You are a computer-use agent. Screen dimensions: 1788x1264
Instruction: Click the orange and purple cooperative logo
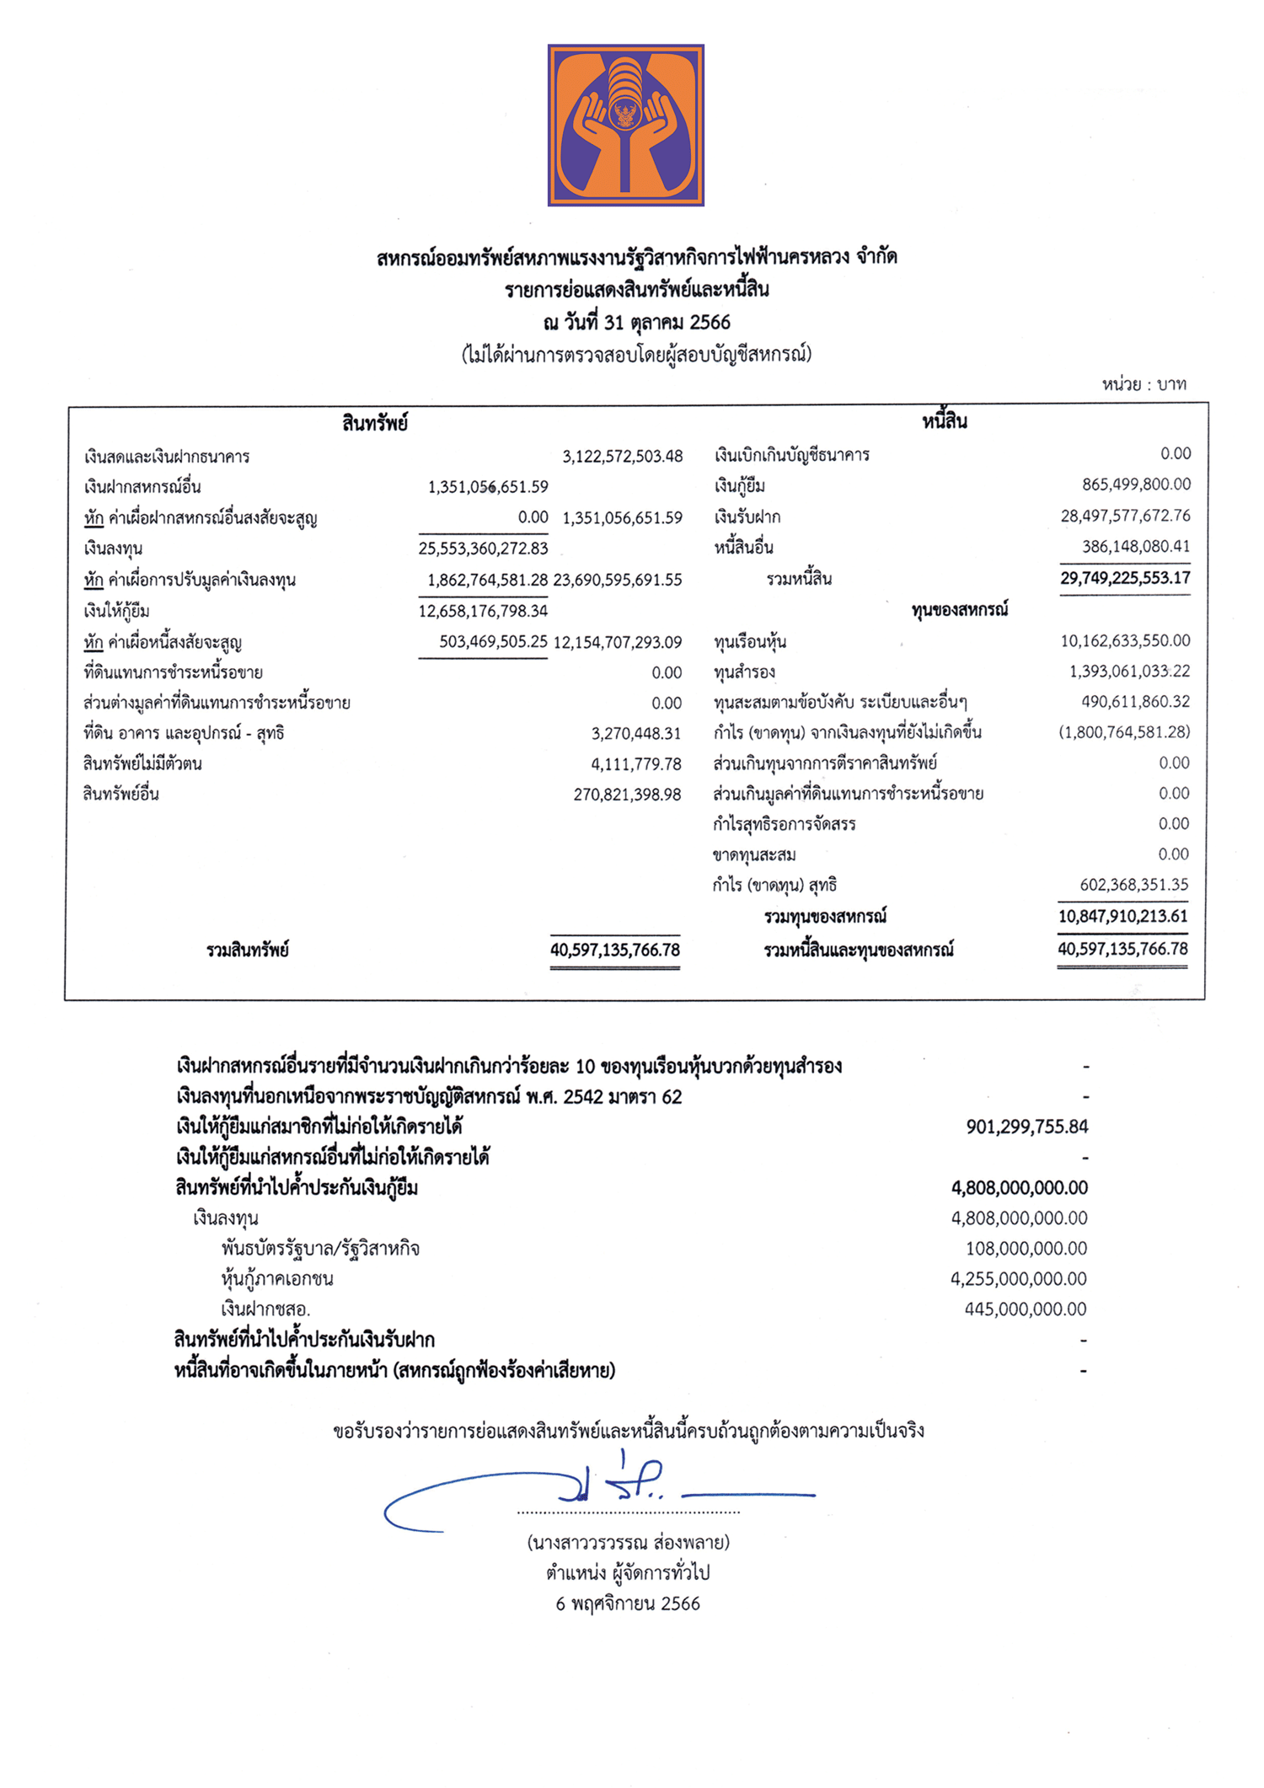tap(625, 125)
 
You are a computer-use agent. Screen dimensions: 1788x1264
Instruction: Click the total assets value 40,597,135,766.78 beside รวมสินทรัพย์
tap(615, 950)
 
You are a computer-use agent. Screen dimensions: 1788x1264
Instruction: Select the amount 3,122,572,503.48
tap(623, 457)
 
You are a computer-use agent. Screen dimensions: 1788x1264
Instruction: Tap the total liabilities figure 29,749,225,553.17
tap(1125, 578)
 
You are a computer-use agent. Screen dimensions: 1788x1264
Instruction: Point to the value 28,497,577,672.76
tap(1125, 516)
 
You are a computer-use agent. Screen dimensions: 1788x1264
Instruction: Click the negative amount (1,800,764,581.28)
tap(1124, 732)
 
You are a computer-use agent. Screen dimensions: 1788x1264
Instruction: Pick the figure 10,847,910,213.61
tap(1122, 916)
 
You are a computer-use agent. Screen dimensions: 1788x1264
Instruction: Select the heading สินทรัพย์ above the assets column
tap(375, 423)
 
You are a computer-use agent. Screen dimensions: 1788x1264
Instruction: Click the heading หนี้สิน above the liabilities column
tap(944, 421)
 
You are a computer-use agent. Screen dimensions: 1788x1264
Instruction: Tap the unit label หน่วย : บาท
tap(1143, 385)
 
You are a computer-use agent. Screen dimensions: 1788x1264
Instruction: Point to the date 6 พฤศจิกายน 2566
tap(628, 1603)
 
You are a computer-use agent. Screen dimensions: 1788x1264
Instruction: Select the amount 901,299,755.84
tap(1027, 1127)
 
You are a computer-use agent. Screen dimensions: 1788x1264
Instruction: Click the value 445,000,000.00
tap(1026, 1309)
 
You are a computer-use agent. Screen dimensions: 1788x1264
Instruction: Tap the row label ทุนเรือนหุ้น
tap(750, 642)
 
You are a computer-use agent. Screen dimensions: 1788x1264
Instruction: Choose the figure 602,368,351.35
tap(1134, 885)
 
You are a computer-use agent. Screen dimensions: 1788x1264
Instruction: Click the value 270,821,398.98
tap(627, 795)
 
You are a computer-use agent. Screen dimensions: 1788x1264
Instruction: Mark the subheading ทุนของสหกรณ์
tap(959, 610)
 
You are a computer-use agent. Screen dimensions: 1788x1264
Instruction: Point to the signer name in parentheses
tap(628, 1543)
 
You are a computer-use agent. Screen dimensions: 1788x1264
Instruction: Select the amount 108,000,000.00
tap(1026, 1248)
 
